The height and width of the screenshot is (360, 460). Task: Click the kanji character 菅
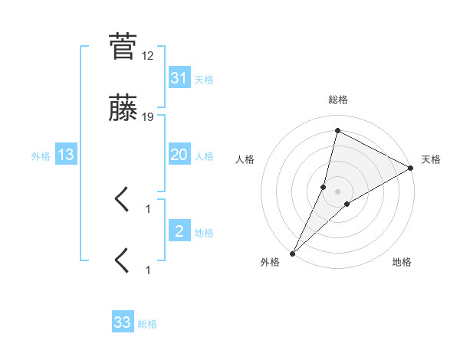(123, 47)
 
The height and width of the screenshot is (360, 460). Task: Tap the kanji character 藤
(123, 112)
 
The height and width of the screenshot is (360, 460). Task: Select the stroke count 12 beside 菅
(148, 57)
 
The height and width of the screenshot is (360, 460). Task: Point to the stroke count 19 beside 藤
(148, 117)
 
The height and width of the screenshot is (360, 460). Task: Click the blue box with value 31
(179, 77)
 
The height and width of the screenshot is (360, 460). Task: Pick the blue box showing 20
(179, 155)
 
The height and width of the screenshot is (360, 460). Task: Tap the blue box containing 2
(179, 231)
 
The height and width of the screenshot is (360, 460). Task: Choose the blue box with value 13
(66, 155)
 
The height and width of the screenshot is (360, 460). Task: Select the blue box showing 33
(123, 322)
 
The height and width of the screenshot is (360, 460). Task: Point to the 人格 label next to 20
(204, 156)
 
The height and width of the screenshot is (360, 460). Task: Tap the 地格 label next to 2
(204, 233)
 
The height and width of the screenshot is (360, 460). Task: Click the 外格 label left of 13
(41, 156)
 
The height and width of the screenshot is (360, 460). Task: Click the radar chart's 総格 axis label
(338, 100)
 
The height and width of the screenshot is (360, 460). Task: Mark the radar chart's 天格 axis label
(432, 159)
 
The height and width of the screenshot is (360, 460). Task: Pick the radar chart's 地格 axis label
(402, 263)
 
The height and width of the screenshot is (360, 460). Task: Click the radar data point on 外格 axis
(292, 254)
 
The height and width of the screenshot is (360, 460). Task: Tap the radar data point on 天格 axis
(411, 168)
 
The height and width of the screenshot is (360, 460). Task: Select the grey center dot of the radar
(338, 191)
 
